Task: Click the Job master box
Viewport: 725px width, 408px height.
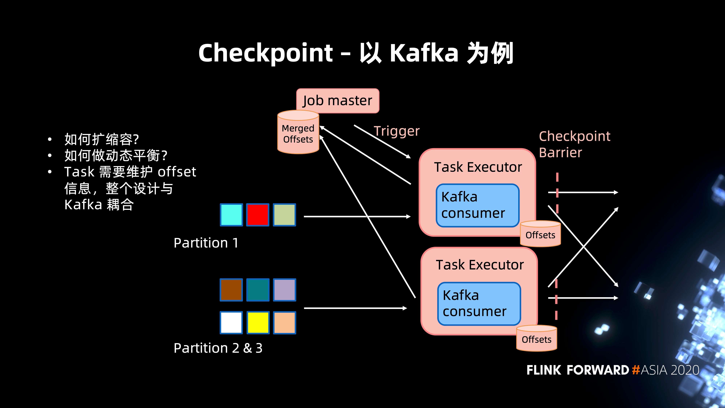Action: tap(337, 100)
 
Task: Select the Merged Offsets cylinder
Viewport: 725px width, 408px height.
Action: tap(298, 132)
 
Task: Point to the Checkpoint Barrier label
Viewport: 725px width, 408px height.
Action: tap(574, 144)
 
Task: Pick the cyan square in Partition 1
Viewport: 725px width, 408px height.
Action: tap(231, 215)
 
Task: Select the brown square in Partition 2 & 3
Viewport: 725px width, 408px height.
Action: tap(231, 290)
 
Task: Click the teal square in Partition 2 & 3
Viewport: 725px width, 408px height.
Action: tap(258, 290)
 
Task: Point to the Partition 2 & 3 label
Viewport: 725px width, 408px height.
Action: tap(218, 348)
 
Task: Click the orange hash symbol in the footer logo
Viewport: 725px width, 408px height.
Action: tap(636, 370)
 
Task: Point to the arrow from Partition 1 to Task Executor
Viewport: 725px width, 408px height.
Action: tap(357, 217)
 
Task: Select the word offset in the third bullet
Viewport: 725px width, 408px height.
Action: tap(177, 172)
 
